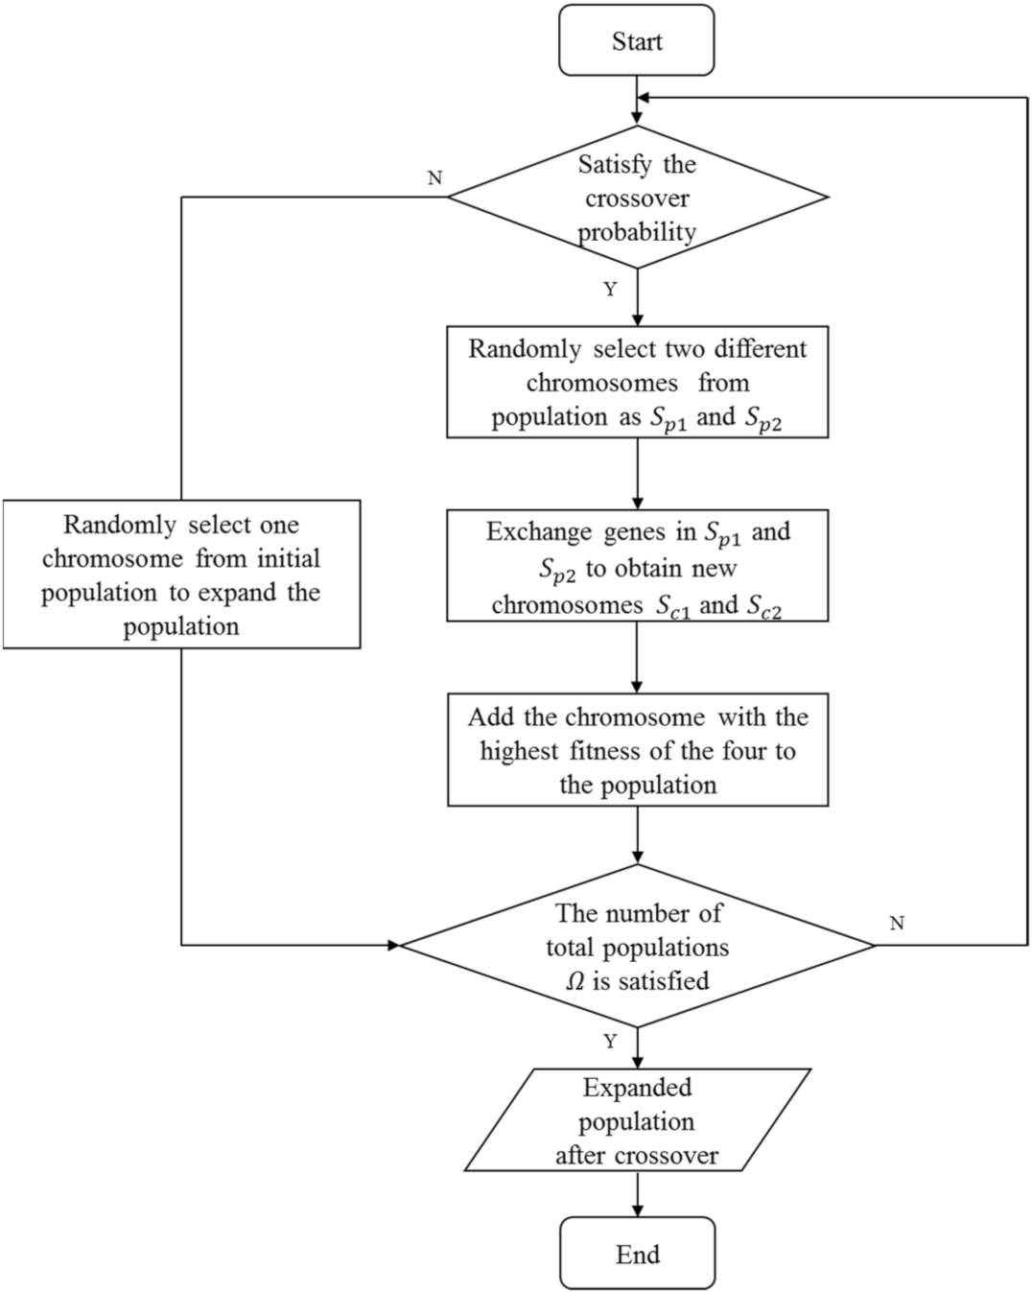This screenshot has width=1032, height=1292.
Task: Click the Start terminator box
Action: [636, 40]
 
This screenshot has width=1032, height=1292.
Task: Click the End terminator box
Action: [637, 1253]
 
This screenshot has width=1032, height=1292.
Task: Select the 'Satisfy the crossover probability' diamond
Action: [637, 198]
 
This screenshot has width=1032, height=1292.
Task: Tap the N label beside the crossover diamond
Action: [434, 178]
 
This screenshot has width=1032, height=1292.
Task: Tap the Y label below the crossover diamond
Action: [610, 290]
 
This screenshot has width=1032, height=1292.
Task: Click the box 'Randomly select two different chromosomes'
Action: [637, 382]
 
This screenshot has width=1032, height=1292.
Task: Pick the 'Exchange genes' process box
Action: [637, 567]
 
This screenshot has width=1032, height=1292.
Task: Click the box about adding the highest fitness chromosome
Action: [637, 750]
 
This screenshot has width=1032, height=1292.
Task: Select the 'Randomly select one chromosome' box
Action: [181, 574]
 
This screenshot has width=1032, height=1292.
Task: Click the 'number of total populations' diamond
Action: [637, 946]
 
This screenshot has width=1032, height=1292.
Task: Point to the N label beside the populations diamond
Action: [897, 923]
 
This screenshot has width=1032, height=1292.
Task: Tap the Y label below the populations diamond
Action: [610, 1042]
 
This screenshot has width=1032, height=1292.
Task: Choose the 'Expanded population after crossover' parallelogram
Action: [637, 1120]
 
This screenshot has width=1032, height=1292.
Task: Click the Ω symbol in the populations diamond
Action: [575, 981]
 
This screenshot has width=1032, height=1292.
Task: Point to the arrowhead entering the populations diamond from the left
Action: [392, 946]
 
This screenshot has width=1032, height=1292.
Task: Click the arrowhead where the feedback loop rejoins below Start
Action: [644, 98]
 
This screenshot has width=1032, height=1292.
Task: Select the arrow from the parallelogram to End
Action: [637, 1194]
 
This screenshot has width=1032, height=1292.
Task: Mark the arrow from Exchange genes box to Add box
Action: [637, 658]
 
